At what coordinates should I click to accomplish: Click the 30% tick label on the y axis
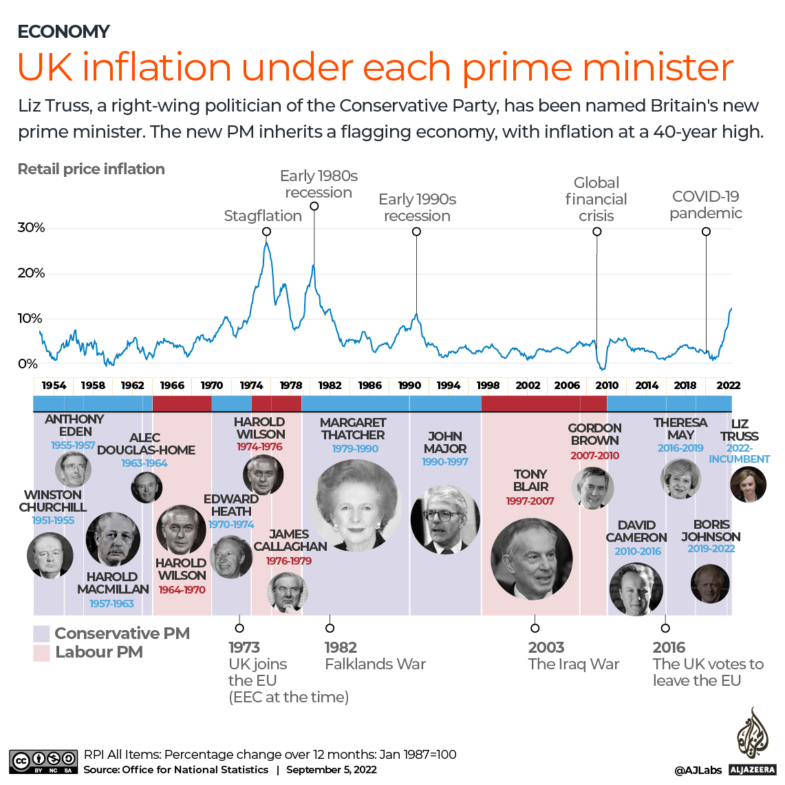point(31,228)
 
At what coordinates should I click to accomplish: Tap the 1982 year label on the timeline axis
point(330,386)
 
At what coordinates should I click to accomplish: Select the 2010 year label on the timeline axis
point(607,386)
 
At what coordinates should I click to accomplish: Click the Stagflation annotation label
point(263,216)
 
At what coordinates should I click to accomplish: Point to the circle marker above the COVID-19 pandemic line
point(706,231)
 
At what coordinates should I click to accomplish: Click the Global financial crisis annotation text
point(596,199)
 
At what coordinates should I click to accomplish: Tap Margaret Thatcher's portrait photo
point(356,505)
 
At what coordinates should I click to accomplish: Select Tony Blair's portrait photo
point(531,558)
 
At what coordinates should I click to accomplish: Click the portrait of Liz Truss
point(747,483)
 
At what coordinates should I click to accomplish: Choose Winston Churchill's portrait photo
point(50,555)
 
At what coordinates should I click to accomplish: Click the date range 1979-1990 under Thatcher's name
point(355,449)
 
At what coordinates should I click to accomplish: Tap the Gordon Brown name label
point(594,434)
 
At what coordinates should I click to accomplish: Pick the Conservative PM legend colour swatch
point(41,634)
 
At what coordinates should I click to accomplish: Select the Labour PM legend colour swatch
point(41,653)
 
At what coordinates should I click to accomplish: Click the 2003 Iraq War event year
point(546,647)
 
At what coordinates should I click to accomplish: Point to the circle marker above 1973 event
point(239,627)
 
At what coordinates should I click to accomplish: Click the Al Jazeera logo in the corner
point(752,741)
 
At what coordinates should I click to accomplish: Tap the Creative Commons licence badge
point(43,761)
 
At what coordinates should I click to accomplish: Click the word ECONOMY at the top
point(63,32)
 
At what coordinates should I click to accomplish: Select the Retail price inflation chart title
point(91,169)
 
